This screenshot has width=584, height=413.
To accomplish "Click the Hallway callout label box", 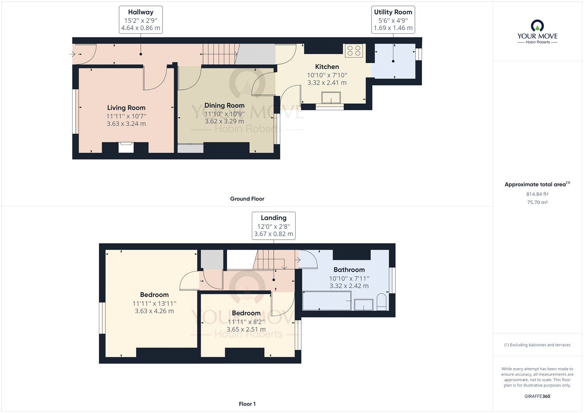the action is coord(141,20).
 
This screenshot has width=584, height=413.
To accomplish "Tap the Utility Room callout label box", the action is coord(393,20).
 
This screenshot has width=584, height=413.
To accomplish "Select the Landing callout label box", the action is coord(273,226).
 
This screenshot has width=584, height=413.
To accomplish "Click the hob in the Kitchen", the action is coord(354,51).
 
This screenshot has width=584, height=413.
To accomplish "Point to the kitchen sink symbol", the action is coord(331,97).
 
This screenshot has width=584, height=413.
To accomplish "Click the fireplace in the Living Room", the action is coord(126,148).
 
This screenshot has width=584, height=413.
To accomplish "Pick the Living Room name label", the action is coord(126,108).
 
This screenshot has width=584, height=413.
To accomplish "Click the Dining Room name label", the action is coord(224,106).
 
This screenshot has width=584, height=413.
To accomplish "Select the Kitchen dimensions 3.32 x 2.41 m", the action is coord(327,83).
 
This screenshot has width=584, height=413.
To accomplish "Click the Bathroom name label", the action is coord(349,270).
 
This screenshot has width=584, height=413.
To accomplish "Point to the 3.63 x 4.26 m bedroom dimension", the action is coord(154,311).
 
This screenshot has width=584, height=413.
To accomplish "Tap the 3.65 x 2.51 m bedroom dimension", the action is coord(246,329).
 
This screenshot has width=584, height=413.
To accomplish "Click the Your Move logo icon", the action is coord(537,26).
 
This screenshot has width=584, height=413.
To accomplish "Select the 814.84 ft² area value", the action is coord(537,194).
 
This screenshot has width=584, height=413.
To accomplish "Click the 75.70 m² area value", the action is coord(537,202).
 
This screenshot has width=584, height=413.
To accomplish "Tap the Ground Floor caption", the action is coord(247,199).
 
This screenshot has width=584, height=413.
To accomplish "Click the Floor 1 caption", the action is coord(247,404).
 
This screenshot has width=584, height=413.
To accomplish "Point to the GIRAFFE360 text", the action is coord(537,396).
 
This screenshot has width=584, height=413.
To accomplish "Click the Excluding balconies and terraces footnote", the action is coord(537,345).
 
